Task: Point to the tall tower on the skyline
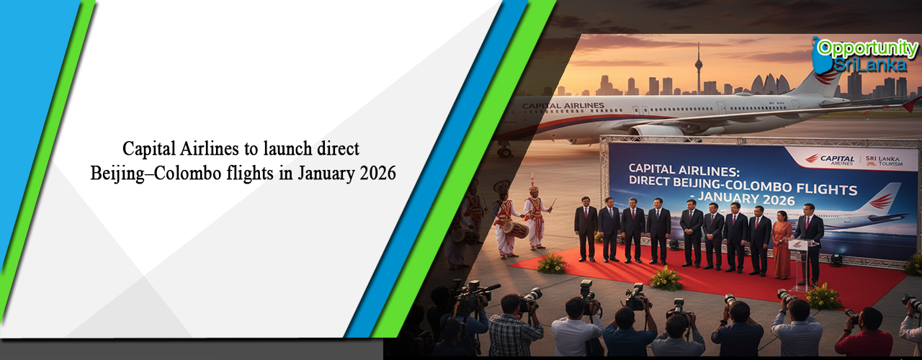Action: [697, 68]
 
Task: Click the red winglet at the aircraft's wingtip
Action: [913, 105]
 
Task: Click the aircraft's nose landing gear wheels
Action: [505, 150]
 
